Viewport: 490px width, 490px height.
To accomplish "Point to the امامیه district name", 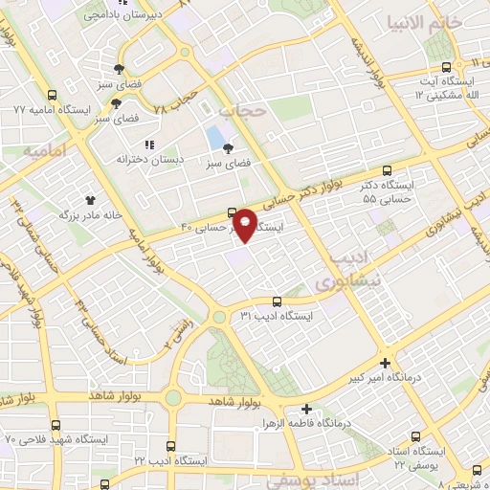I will tap(44, 151).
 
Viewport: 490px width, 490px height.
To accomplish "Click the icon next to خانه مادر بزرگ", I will tap(91, 200).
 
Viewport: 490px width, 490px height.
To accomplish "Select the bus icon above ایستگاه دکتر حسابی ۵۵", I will tap(386, 167).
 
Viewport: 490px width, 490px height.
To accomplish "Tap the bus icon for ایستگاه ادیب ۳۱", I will tap(277, 300).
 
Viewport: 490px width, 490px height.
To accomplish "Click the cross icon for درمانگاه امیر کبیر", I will tap(385, 363).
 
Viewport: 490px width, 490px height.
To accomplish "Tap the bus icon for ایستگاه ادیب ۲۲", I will tap(170, 446).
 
